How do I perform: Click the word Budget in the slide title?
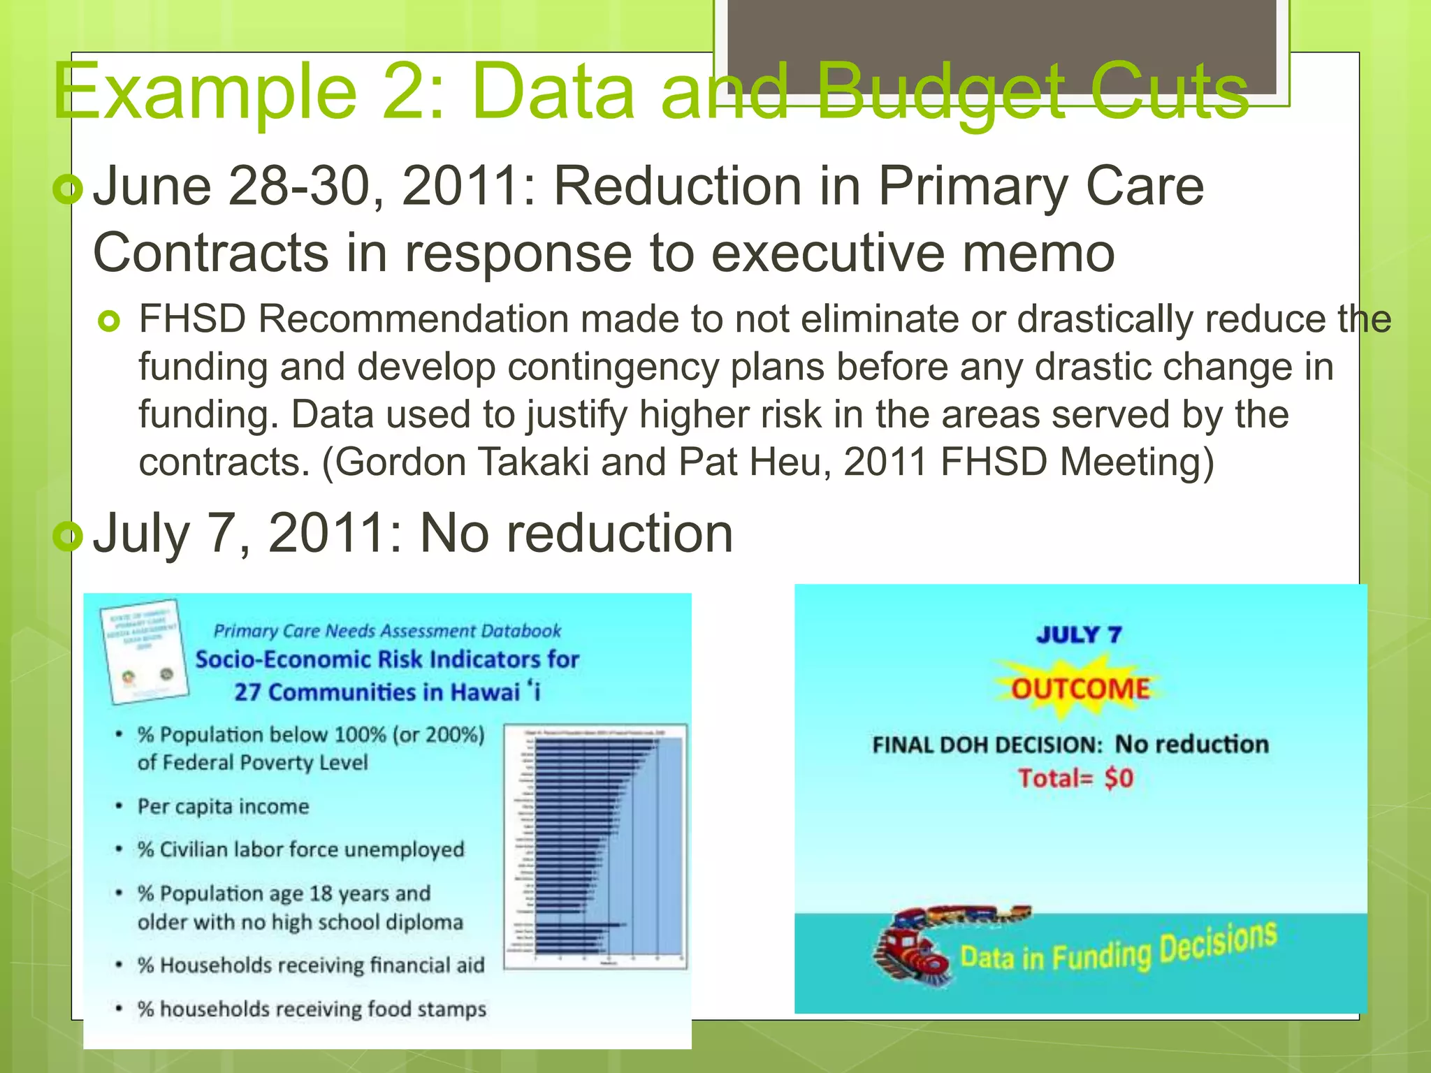(x=940, y=93)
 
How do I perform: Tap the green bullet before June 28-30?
(x=68, y=189)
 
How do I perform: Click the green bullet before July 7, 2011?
(x=68, y=536)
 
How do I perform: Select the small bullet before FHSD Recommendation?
(x=110, y=321)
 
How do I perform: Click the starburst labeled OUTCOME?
(x=1080, y=688)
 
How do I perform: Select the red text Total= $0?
(x=1075, y=778)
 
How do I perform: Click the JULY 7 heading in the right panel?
(x=1079, y=634)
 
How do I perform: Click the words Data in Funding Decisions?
(x=1118, y=949)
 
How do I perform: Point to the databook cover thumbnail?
(x=145, y=651)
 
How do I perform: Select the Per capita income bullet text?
(x=223, y=807)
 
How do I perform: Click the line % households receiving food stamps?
(x=312, y=1009)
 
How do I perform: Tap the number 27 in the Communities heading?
(x=247, y=692)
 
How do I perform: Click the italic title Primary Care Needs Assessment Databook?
(x=387, y=631)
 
